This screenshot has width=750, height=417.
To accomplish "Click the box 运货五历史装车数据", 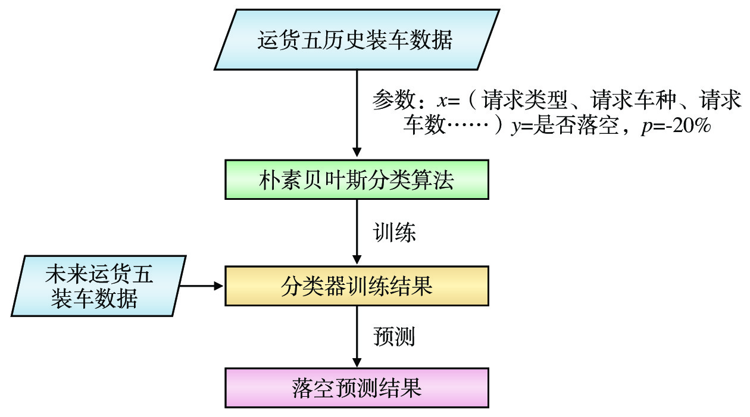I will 356,40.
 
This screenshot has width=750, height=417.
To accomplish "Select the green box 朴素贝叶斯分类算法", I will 356,179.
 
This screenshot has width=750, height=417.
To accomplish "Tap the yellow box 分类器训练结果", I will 356,286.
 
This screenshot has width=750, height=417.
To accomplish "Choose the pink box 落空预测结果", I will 356,388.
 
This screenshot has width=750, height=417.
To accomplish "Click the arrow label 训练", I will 394,232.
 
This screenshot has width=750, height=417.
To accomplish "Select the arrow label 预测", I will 394,337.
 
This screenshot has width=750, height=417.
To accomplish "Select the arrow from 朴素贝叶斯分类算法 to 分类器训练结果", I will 357,232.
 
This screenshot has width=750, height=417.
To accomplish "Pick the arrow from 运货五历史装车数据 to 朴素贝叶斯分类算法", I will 357,113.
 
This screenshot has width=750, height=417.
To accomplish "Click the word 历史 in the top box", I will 356,40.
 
